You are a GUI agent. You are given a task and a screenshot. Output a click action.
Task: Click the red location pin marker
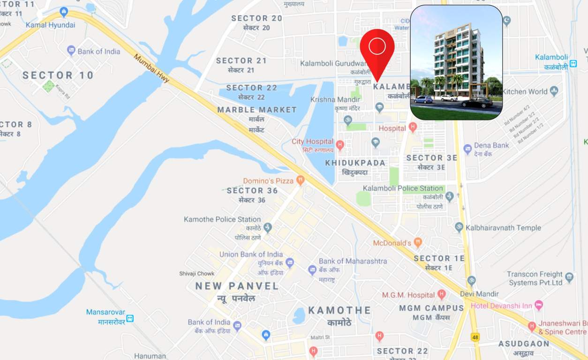377,50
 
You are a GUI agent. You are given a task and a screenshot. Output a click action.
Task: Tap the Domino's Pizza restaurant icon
301,180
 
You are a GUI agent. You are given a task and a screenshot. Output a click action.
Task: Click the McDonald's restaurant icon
418,242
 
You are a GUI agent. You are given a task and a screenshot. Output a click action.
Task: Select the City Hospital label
312,142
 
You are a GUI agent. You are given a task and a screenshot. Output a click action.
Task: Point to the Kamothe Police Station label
222,219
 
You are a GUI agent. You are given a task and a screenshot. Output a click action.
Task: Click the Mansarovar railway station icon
130,318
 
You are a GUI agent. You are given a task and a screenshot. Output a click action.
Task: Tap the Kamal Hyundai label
50,25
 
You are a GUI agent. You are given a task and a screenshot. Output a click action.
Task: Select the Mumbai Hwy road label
151,68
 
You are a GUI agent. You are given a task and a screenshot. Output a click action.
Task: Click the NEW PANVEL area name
237,286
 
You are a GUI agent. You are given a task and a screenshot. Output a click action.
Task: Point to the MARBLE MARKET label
257,110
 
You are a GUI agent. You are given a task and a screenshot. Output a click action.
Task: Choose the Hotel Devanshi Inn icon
539,306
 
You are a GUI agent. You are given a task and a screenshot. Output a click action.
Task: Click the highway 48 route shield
475,337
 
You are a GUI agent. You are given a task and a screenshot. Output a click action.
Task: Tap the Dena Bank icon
467,149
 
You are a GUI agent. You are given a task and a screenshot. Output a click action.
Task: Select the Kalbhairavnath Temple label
503,228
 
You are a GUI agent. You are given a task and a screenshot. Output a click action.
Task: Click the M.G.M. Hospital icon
441,295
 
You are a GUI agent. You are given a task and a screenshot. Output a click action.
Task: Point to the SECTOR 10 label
58,75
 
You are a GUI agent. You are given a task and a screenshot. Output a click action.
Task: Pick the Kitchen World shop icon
554,91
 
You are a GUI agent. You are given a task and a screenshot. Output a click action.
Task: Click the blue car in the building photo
423,99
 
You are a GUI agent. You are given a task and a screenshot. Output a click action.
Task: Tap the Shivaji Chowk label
196,273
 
